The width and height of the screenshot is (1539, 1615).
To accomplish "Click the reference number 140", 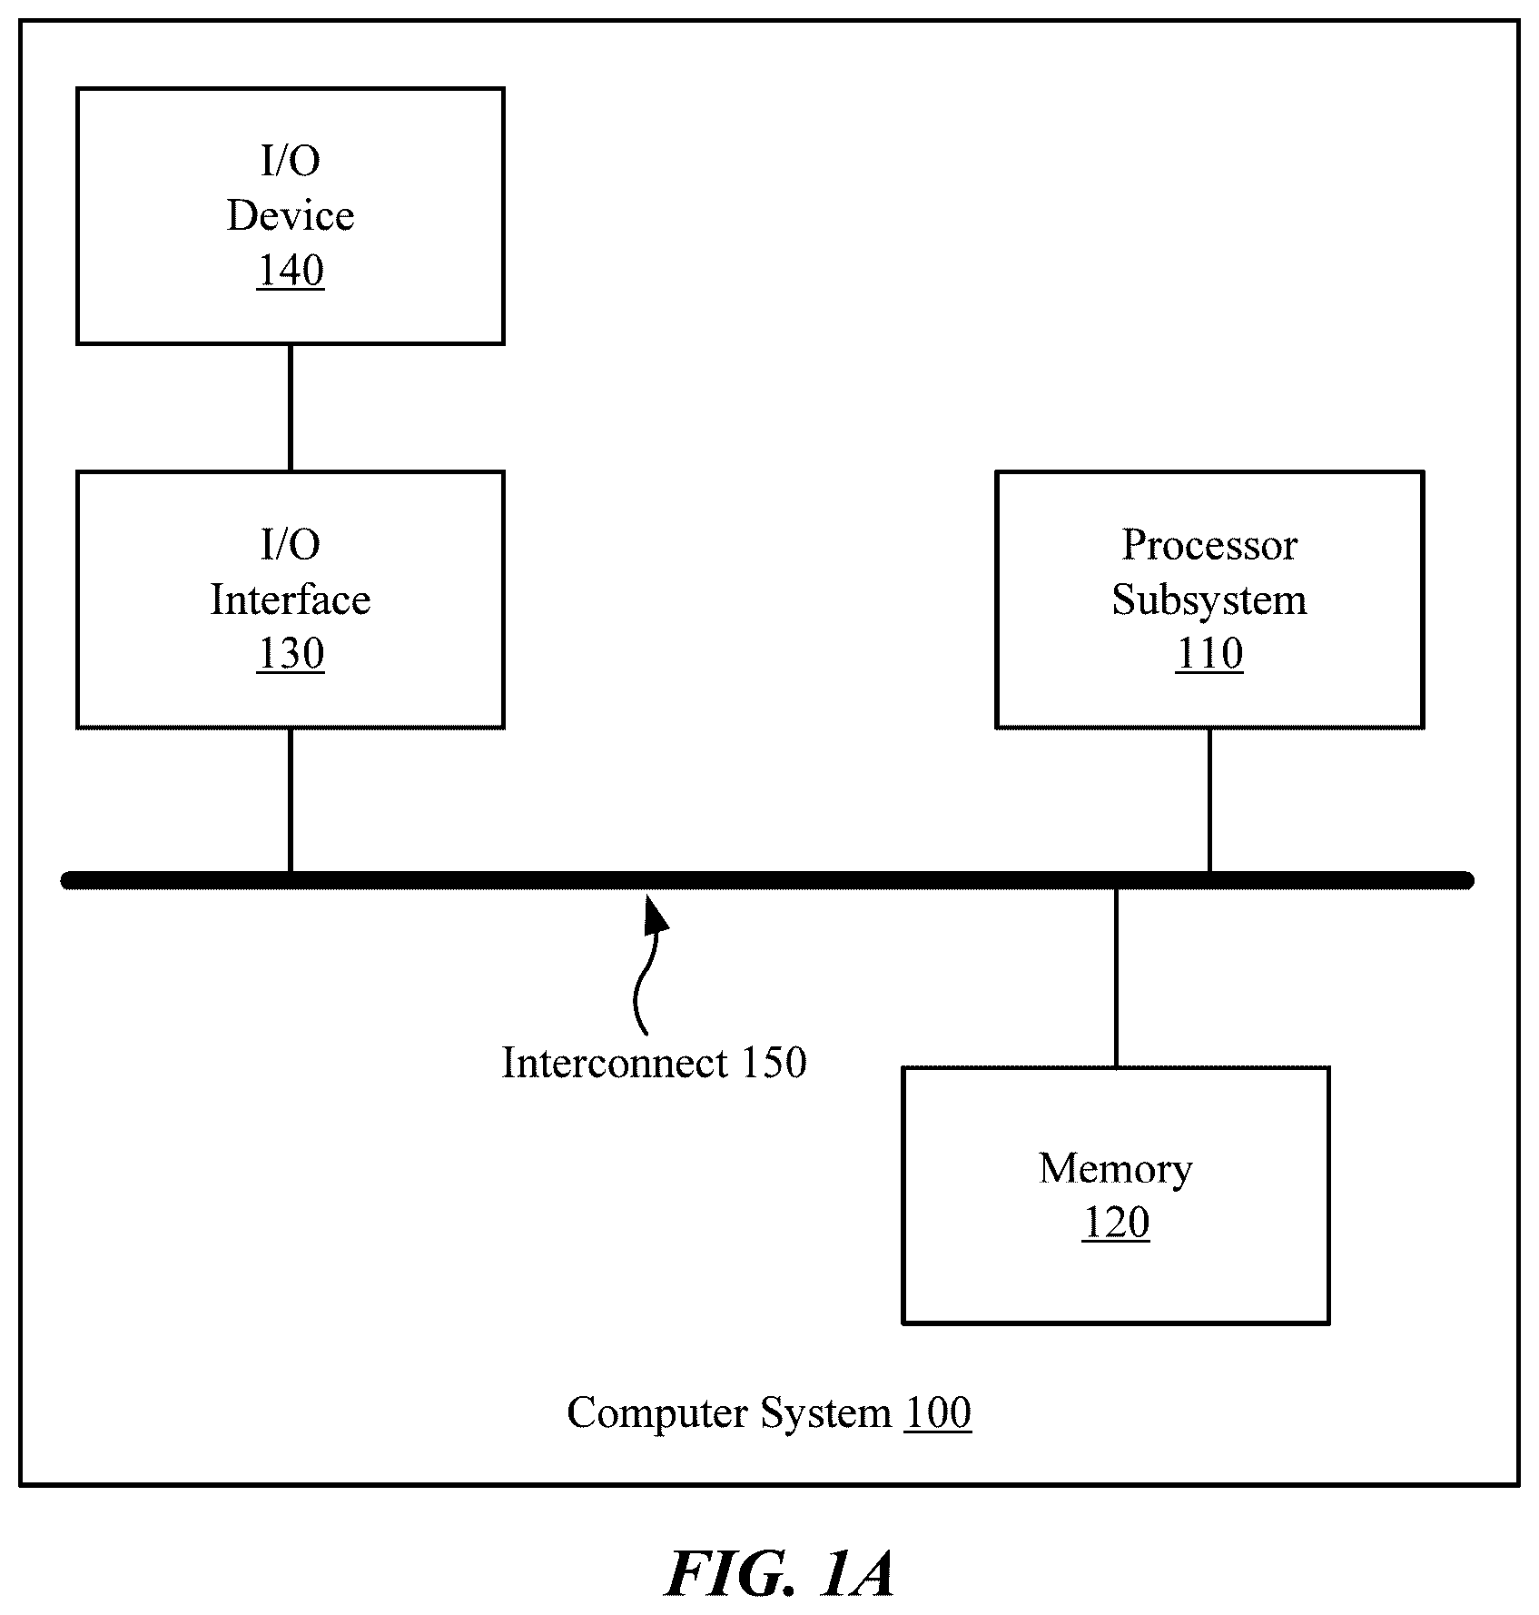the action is [291, 271].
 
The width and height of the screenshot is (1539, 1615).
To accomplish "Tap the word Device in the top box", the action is [291, 216].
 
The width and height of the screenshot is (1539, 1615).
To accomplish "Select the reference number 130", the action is [291, 654].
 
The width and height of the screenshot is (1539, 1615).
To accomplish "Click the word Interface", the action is [291, 599].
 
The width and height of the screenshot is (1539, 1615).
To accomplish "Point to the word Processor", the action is [1209, 546].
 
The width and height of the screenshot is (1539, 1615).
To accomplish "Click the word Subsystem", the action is [1209, 600].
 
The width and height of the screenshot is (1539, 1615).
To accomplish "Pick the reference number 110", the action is [1209, 654].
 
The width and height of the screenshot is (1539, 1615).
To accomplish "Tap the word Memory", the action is [1116, 1169].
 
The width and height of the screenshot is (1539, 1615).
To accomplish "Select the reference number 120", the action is [1116, 1223].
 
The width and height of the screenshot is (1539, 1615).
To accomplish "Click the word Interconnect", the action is [616, 1063].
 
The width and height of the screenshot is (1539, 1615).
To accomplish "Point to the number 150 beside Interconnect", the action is [774, 1063].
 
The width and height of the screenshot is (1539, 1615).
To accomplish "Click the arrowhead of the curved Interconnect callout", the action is [655, 913].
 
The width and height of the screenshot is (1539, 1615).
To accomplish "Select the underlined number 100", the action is [938, 1412].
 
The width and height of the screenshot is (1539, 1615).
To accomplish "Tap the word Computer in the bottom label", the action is [659, 1413].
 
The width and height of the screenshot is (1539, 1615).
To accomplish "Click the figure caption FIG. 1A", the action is [781, 1573].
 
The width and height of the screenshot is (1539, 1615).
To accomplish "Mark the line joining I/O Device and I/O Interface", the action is [291, 408].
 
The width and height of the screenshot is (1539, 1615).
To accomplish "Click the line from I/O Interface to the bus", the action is [291, 800].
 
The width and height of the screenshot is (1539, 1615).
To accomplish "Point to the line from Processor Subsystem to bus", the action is [1209, 800].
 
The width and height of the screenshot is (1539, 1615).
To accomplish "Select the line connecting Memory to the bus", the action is [1116, 977].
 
